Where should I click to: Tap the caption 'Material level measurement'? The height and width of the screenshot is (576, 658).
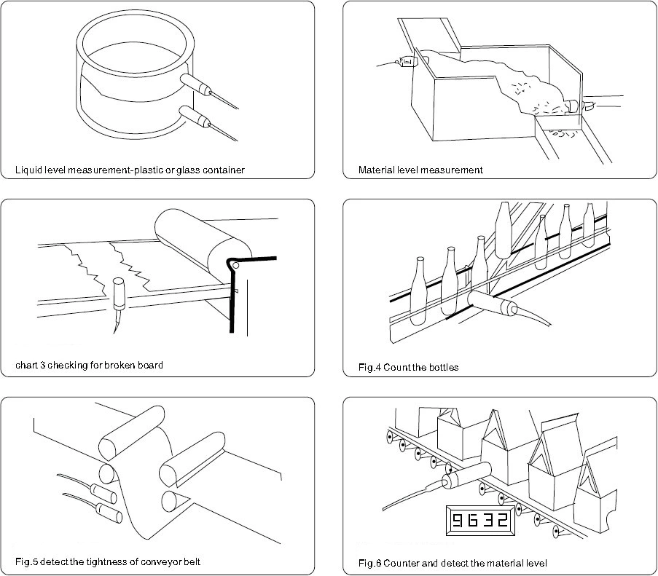point(420,170)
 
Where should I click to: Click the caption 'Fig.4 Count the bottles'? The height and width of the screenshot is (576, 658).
point(409,368)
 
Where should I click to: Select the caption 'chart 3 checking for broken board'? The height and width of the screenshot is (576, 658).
point(89,365)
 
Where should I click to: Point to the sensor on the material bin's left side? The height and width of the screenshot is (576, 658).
point(407,63)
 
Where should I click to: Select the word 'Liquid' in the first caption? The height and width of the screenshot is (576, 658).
point(28,170)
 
